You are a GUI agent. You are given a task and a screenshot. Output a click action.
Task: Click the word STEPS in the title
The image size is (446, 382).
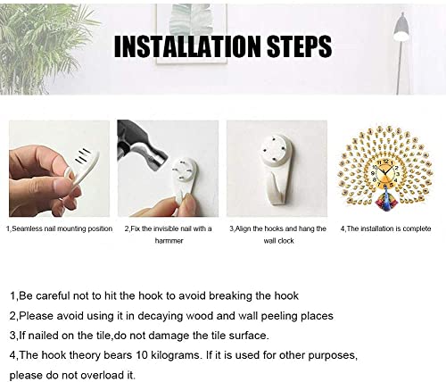click(x=299, y=46)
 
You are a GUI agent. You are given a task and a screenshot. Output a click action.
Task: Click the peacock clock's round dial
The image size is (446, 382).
click(x=385, y=173)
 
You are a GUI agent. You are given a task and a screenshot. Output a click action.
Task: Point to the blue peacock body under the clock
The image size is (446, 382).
click(x=385, y=197)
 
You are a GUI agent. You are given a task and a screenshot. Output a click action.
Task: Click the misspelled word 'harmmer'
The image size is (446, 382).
click(x=169, y=241)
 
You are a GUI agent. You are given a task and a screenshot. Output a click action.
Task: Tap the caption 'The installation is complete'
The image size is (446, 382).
click(x=389, y=228)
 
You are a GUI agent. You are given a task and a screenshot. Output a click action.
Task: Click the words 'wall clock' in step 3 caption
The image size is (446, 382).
click(x=278, y=241)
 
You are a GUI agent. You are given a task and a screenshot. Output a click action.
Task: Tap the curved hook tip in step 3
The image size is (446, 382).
click(x=278, y=190)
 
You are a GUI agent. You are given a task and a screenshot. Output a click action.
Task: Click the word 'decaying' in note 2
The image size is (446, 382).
click(x=158, y=316)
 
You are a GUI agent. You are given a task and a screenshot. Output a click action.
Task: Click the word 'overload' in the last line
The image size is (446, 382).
click(x=99, y=375)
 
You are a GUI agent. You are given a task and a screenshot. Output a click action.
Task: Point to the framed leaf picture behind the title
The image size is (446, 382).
click(x=192, y=34)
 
